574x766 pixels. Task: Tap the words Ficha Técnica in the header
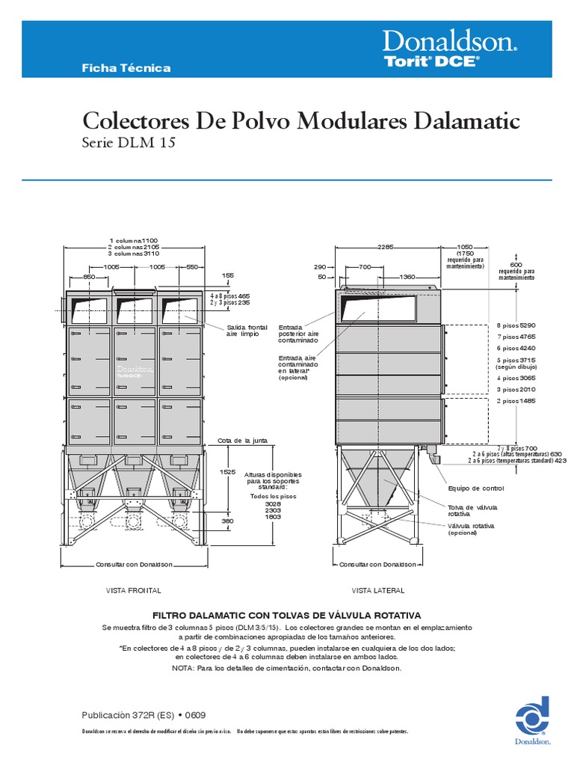(126, 68)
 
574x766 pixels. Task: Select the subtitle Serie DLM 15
(128, 143)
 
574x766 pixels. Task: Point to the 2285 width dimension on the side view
(386, 246)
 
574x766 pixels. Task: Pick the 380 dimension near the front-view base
(228, 521)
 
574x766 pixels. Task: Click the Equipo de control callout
(475, 488)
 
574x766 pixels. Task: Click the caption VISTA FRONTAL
(135, 590)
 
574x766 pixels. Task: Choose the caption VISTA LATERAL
(378, 590)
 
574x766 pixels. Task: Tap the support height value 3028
(273, 505)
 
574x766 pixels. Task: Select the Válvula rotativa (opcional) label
(471, 530)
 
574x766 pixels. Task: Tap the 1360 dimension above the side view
(407, 278)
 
